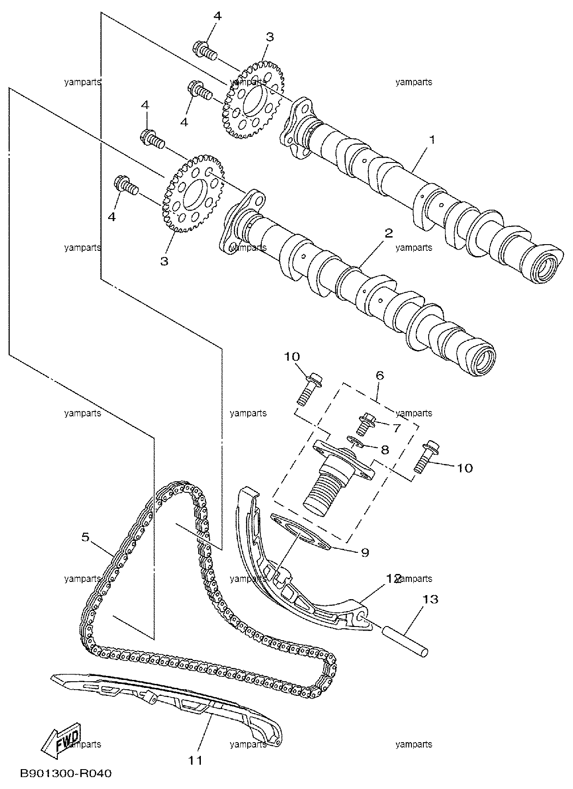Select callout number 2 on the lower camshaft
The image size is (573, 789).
click(x=388, y=234)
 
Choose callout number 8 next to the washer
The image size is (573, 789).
click(x=385, y=450)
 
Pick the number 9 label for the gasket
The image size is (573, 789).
click(x=365, y=552)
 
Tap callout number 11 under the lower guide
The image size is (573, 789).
click(x=196, y=760)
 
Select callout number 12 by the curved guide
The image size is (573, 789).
click(x=394, y=578)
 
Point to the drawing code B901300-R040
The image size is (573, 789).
click(x=66, y=774)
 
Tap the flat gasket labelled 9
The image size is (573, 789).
click(x=300, y=532)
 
